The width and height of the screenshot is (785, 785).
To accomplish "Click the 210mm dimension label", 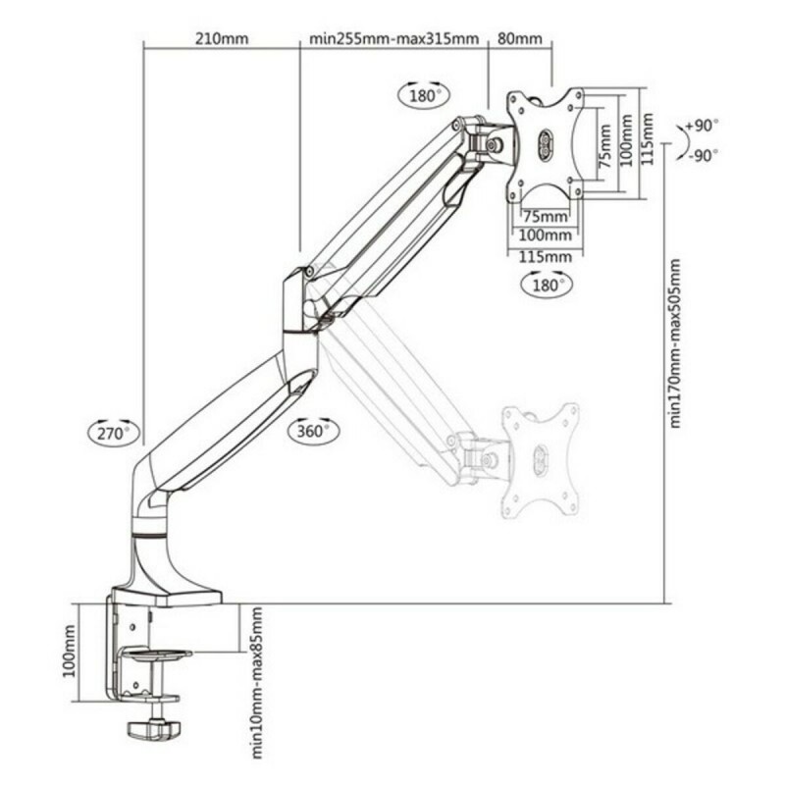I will click(222, 39).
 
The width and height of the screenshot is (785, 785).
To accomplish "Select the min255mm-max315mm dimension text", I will click(394, 39).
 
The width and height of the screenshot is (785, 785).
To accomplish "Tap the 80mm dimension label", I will click(520, 39).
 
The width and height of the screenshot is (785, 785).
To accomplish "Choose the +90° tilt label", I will click(702, 126).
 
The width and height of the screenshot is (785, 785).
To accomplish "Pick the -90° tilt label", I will click(702, 155).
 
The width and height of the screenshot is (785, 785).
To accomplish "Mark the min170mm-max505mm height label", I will click(675, 342).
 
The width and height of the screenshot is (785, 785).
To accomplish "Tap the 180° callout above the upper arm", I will click(422, 96).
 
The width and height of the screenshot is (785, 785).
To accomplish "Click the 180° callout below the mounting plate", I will click(546, 285).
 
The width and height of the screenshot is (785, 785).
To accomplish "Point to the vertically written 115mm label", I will click(648, 140).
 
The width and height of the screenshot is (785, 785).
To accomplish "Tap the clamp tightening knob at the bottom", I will click(153, 731).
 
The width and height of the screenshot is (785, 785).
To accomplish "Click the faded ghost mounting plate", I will click(540, 461).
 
